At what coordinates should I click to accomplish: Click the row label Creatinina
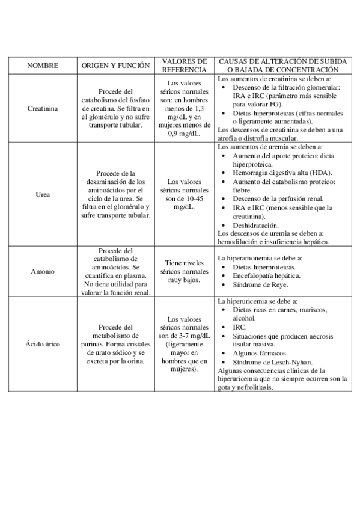(x=41, y=109)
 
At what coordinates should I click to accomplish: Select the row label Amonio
(x=41, y=271)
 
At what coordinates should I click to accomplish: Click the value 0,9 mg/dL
(x=185, y=134)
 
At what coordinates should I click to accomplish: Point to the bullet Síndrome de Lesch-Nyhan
(x=268, y=363)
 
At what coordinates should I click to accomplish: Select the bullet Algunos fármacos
(x=260, y=354)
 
